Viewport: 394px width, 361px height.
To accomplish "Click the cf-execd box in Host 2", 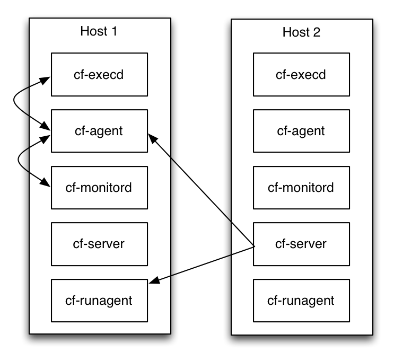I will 301,74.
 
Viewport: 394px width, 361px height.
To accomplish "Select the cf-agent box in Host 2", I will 301,131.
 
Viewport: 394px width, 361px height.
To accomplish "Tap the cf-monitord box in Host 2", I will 301,188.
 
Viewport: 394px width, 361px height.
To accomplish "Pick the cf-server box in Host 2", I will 301,244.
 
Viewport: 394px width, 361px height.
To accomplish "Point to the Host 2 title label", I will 301,32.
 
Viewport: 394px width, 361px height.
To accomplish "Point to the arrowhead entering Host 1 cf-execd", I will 47,80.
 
